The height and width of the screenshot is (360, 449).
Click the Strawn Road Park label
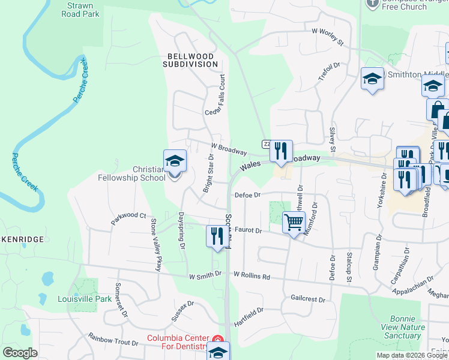tap(83, 8)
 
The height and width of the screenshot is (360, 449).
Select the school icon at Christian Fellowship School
tap(175, 161)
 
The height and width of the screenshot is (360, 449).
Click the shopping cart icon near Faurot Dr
tap(294, 222)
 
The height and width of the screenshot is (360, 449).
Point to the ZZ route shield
tap(266, 144)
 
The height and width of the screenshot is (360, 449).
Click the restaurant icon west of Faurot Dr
tap(215, 236)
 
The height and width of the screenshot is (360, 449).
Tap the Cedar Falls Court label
tap(217, 95)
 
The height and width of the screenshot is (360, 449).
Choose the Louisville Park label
tap(85, 299)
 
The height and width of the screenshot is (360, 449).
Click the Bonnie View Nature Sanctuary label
tap(403, 327)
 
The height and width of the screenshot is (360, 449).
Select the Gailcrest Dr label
tap(307, 299)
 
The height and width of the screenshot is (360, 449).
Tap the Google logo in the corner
tap(19, 353)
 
